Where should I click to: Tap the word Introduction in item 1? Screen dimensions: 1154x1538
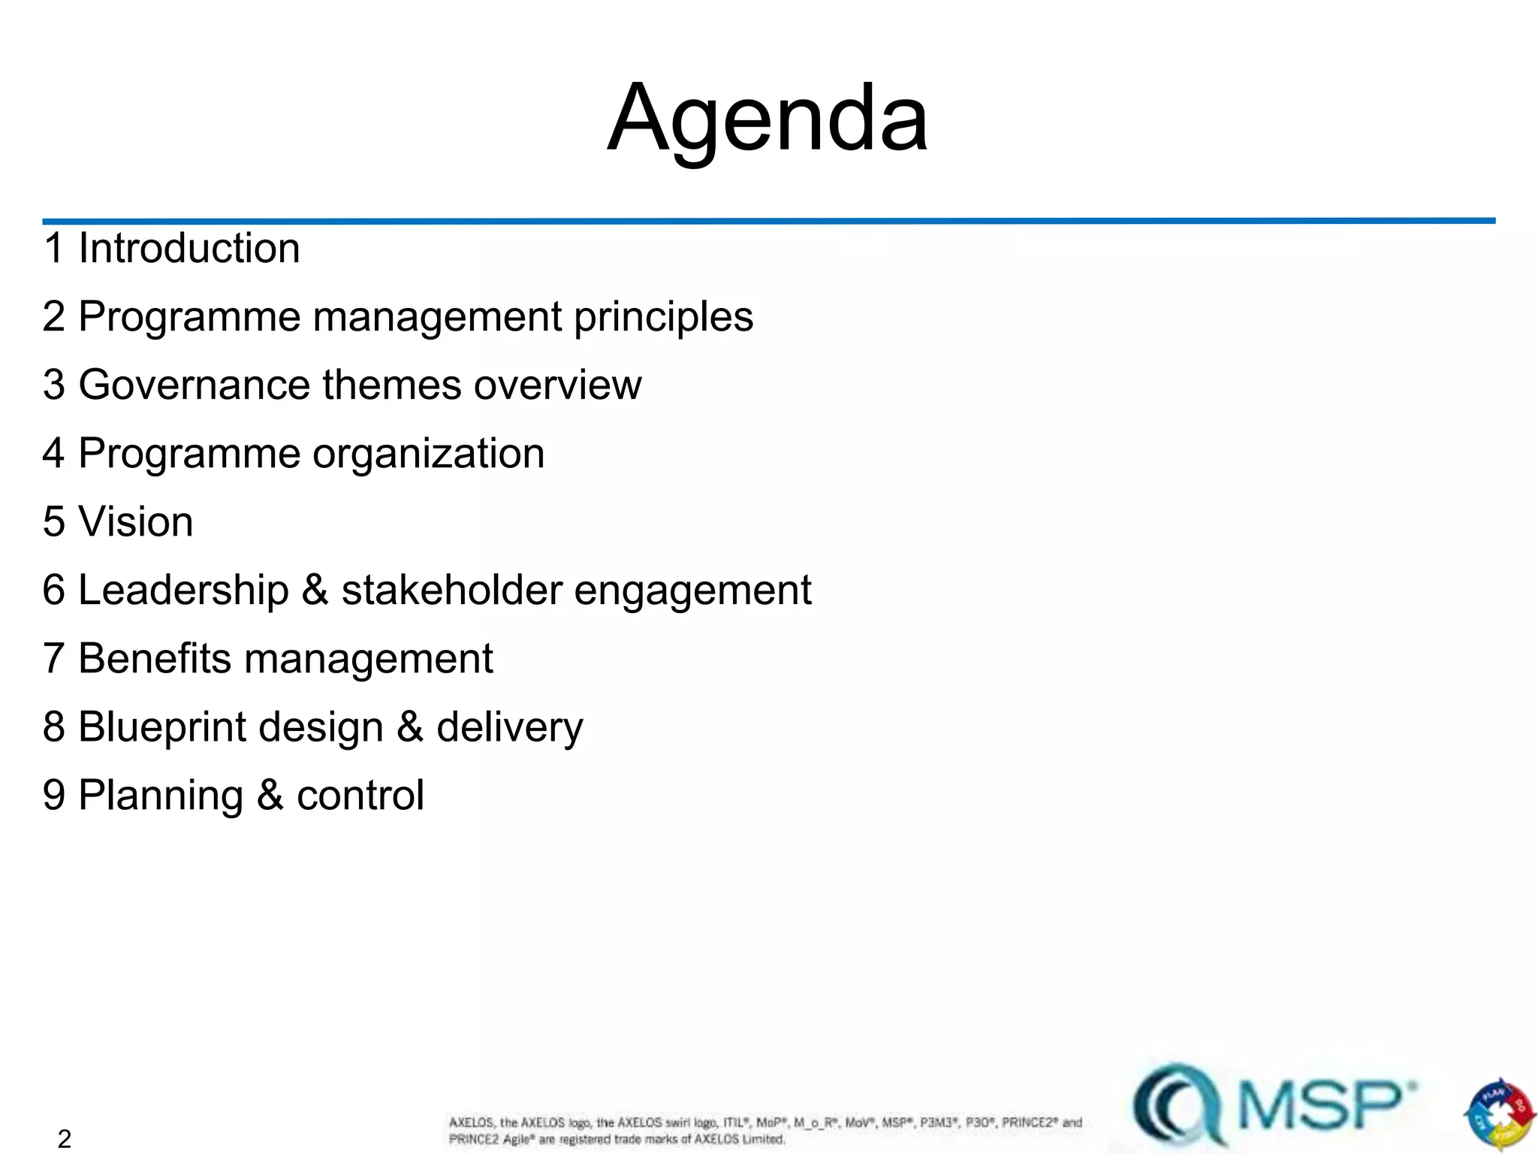click(x=189, y=248)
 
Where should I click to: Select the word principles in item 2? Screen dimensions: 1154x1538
click(x=663, y=317)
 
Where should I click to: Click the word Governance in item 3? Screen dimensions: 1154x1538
click(x=194, y=385)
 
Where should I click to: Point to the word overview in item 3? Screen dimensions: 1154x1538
click(x=557, y=385)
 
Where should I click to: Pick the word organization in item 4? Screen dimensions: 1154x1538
click(x=428, y=454)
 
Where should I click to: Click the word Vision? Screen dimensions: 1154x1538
click(x=136, y=521)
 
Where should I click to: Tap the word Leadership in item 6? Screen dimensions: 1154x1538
click(x=184, y=590)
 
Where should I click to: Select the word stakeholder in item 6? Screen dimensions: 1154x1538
click(x=451, y=590)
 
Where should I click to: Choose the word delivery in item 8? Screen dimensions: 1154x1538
click(x=509, y=727)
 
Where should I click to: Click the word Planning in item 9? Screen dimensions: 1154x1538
click(x=161, y=796)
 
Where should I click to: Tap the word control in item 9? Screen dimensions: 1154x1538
click(x=360, y=795)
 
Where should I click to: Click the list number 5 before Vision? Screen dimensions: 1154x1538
click(x=54, y=521)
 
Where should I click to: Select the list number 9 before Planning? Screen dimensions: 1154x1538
click(x=54, y=795)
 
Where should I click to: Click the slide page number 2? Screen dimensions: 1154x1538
click(x=65, y=1139)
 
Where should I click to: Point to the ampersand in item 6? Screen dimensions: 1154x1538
click(x=315, y=590)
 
